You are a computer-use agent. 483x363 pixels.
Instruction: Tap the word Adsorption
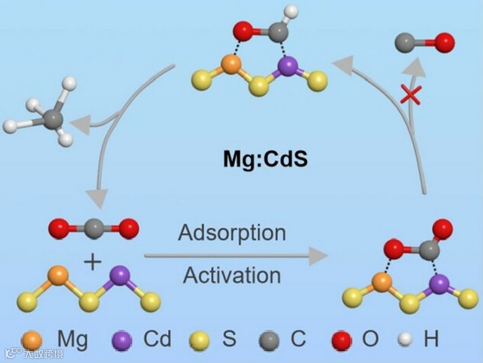click(x=232, y=233)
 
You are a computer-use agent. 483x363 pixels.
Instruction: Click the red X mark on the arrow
click(x=410, y=95)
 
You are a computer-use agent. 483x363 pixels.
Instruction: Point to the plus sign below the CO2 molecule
click(x=92, y=262)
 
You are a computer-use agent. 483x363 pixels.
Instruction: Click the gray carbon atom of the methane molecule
click(x=53, y=118)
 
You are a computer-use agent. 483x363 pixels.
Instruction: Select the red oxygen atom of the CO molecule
click(x=444, y=43)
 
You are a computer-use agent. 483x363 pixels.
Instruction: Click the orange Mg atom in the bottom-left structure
click(x=58, y=276)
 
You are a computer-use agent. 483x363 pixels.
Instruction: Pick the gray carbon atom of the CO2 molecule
click(x=89, y=228)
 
